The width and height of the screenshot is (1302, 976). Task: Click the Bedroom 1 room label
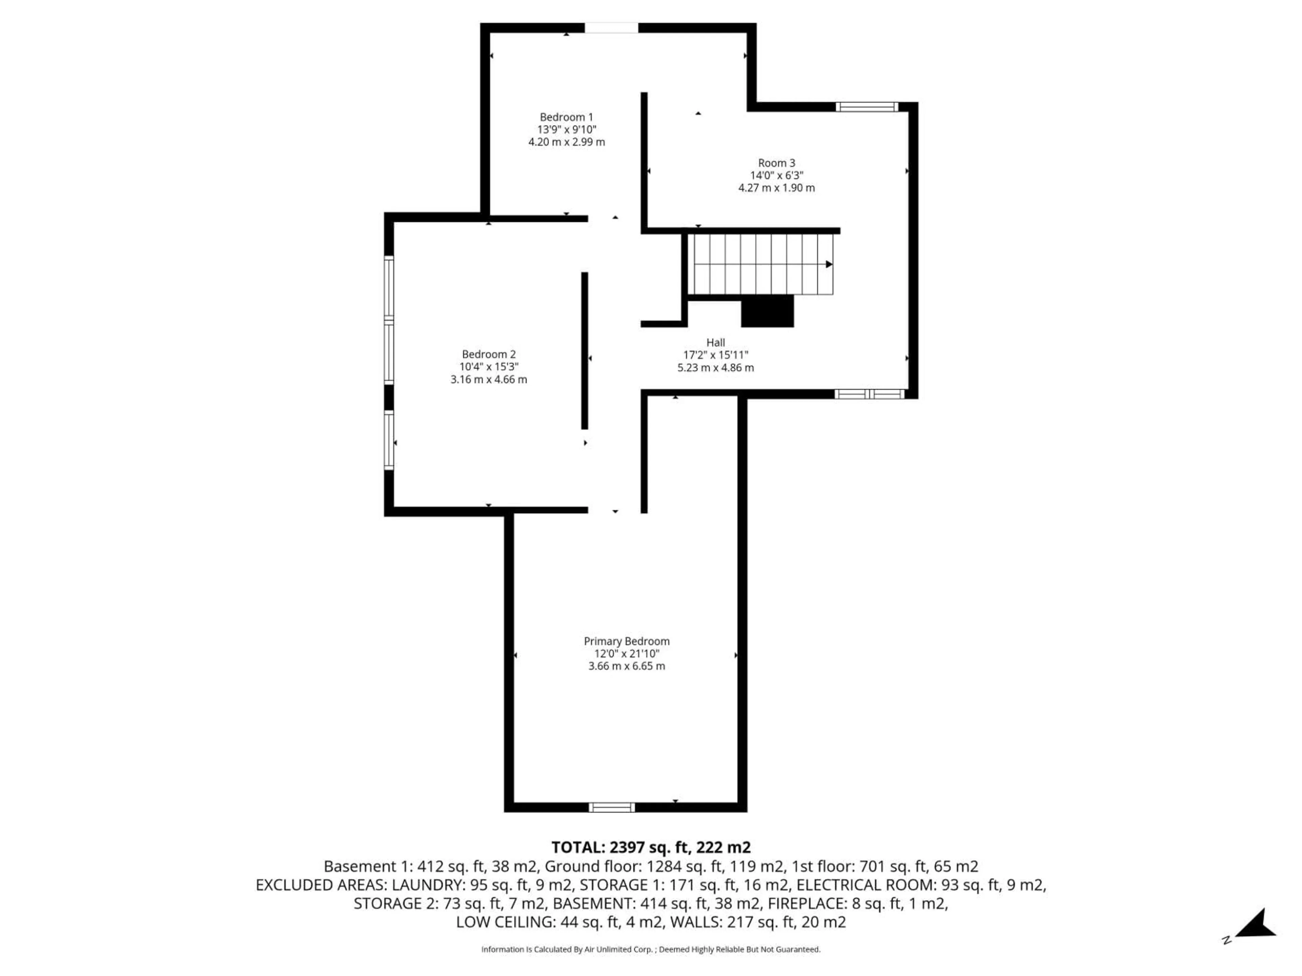[x=566, y=117]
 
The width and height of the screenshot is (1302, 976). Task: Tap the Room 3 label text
[x=776, y=163]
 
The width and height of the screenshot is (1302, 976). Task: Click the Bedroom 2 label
[x=489, y=354]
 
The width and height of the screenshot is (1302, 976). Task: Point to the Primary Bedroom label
[x=626, y=641]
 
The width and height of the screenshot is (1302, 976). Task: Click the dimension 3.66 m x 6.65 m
[x=626, y=666]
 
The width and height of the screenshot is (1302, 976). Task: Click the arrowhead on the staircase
[x=829, y=264]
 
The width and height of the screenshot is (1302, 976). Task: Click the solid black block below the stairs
[x=767, y=311]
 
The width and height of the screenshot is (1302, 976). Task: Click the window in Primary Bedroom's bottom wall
[x=612, y=807]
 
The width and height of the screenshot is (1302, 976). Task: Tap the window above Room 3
[x=866, y=106]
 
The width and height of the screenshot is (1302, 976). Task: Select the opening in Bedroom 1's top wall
[x=611, y=28]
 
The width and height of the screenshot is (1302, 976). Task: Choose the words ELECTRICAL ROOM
[x=864, y=885]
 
